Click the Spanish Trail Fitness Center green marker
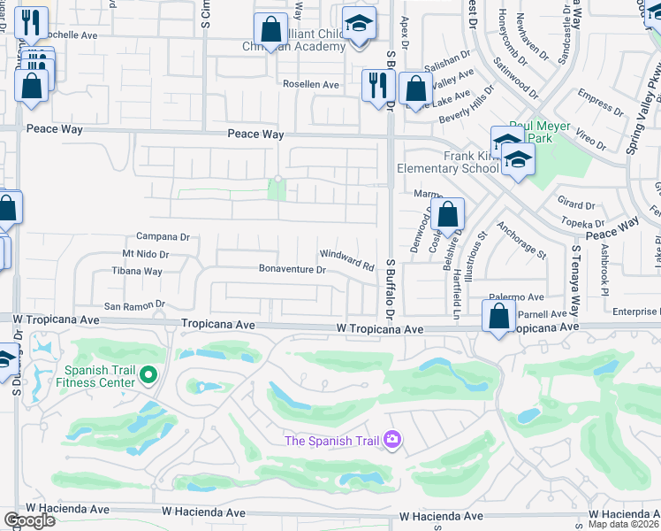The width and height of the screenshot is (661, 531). tap(148, 376)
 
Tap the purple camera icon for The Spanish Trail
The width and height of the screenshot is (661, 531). tap(392, 439)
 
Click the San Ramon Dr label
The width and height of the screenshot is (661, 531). tap(134, 306)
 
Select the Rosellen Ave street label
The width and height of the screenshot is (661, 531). tap(311, 85)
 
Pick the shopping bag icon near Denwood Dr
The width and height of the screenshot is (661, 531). tap(448, 214)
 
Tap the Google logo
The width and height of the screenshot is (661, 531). tap(29, 519)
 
